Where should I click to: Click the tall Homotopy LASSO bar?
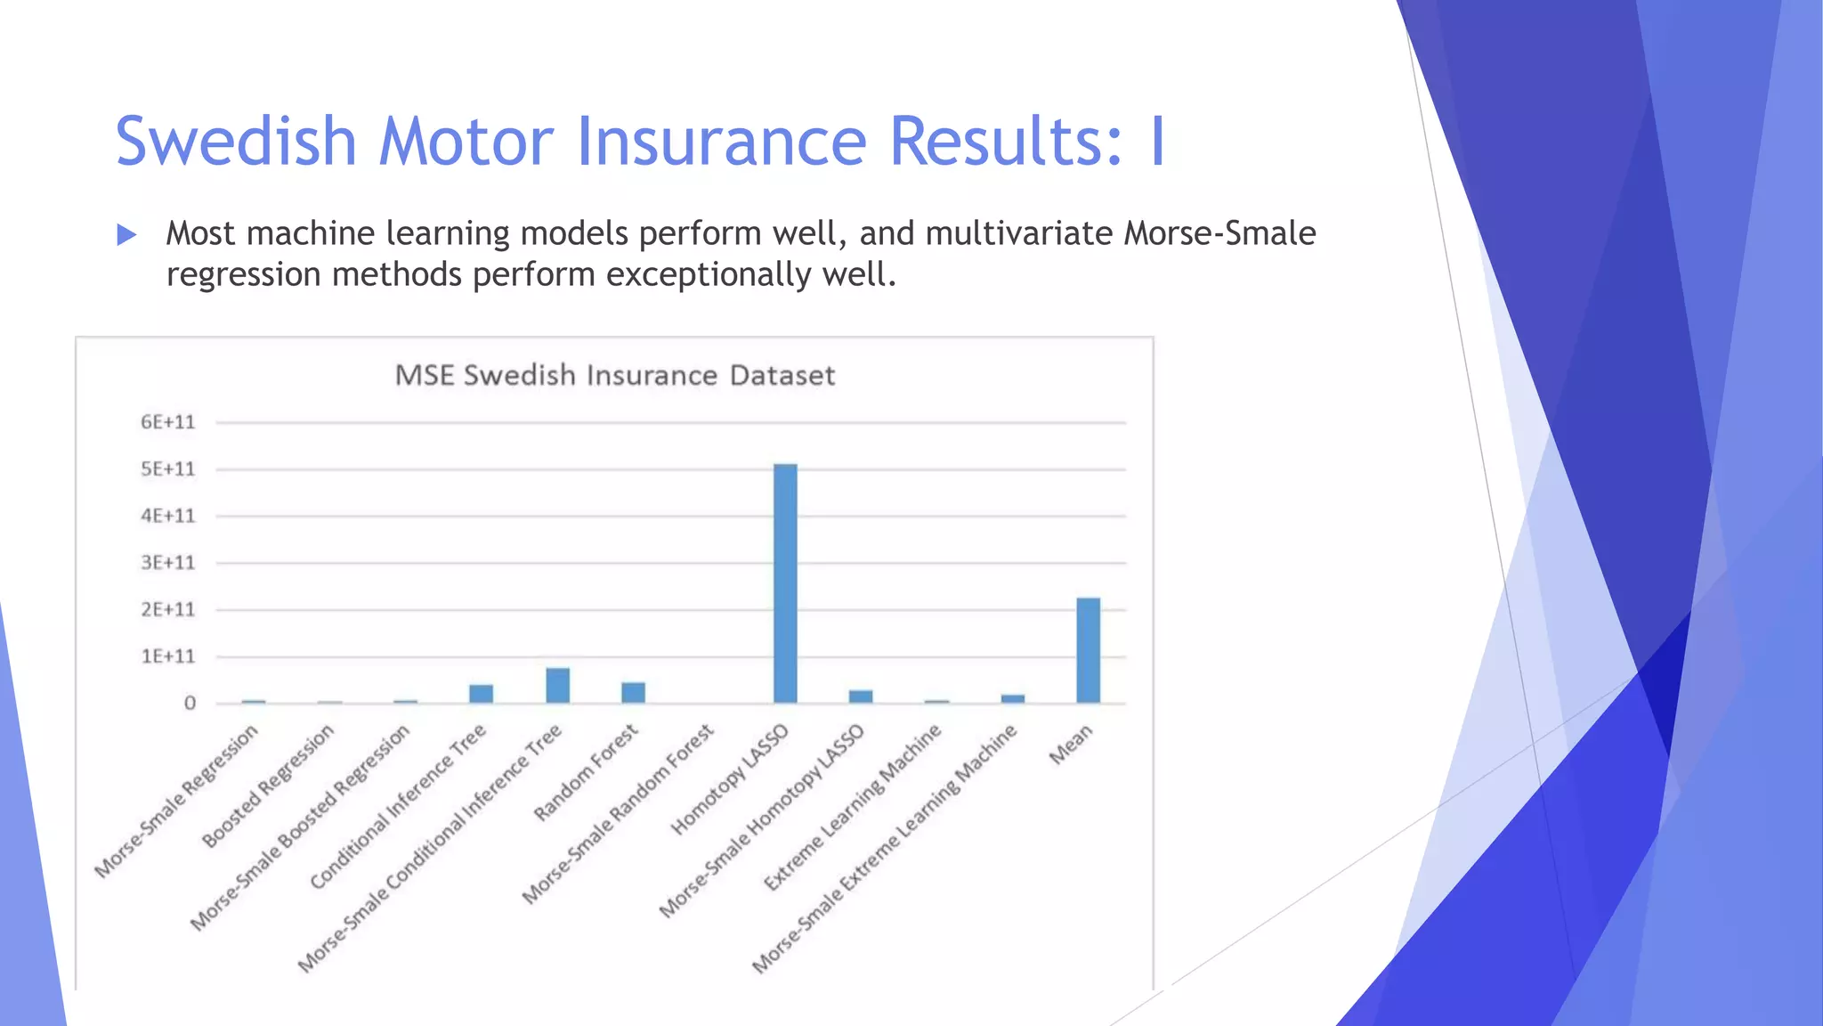785,583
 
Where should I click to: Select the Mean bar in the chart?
1088,650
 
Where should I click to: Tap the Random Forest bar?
633,692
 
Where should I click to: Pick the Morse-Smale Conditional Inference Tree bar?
558,685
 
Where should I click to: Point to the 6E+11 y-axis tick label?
167,422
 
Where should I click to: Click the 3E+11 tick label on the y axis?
167,563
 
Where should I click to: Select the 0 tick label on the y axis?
190,704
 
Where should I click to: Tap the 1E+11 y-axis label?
167,656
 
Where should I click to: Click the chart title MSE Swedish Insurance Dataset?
615,375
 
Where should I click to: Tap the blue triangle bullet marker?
126,235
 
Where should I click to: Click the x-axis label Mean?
1070,745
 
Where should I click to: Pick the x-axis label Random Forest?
586,772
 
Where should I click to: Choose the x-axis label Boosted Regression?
268,786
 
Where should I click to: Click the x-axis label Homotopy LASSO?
730,779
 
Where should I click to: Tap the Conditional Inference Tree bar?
482,693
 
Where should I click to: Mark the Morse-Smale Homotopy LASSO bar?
861,696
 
